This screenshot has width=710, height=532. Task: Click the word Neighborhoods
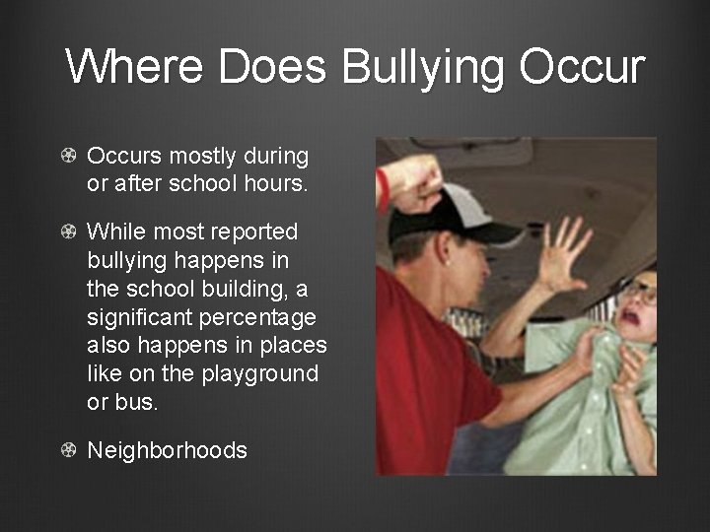pyautogui.click(x=168, y=451)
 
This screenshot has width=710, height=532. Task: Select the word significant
pyautogui.click(x=142, y=317)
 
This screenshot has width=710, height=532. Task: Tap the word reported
pyautogui.click(x=250, y=233)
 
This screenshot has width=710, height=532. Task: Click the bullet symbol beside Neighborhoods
pyautogui.click(x=69, y=451)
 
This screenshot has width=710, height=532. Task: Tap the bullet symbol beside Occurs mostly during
pyautogui.click(x=69, y=157)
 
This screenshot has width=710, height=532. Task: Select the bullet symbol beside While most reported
pyautogui.click(x=69, y=233)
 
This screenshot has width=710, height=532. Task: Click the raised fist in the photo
pyautogui.click(x=411, y=178)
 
